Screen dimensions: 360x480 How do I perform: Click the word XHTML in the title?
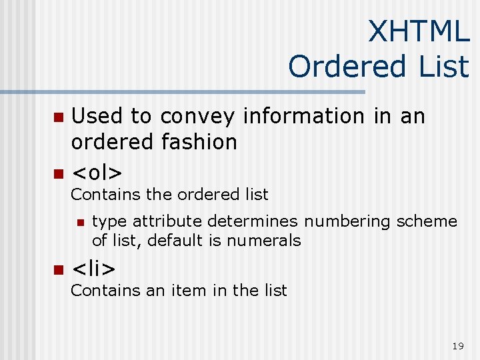click(x=419, y=31)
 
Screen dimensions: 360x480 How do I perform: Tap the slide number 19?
click(x=457, y=345)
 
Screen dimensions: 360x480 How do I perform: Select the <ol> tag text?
click(x=97, y=173)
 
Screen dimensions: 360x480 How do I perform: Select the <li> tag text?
click(x=93, y=269)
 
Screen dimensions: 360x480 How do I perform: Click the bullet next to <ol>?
click(x=57, y=174)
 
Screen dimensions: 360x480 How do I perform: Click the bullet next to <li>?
click(x=57, y=270)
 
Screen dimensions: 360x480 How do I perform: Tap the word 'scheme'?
click(x=429, y=221)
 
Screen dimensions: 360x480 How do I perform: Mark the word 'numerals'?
click(x=263, y=240)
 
